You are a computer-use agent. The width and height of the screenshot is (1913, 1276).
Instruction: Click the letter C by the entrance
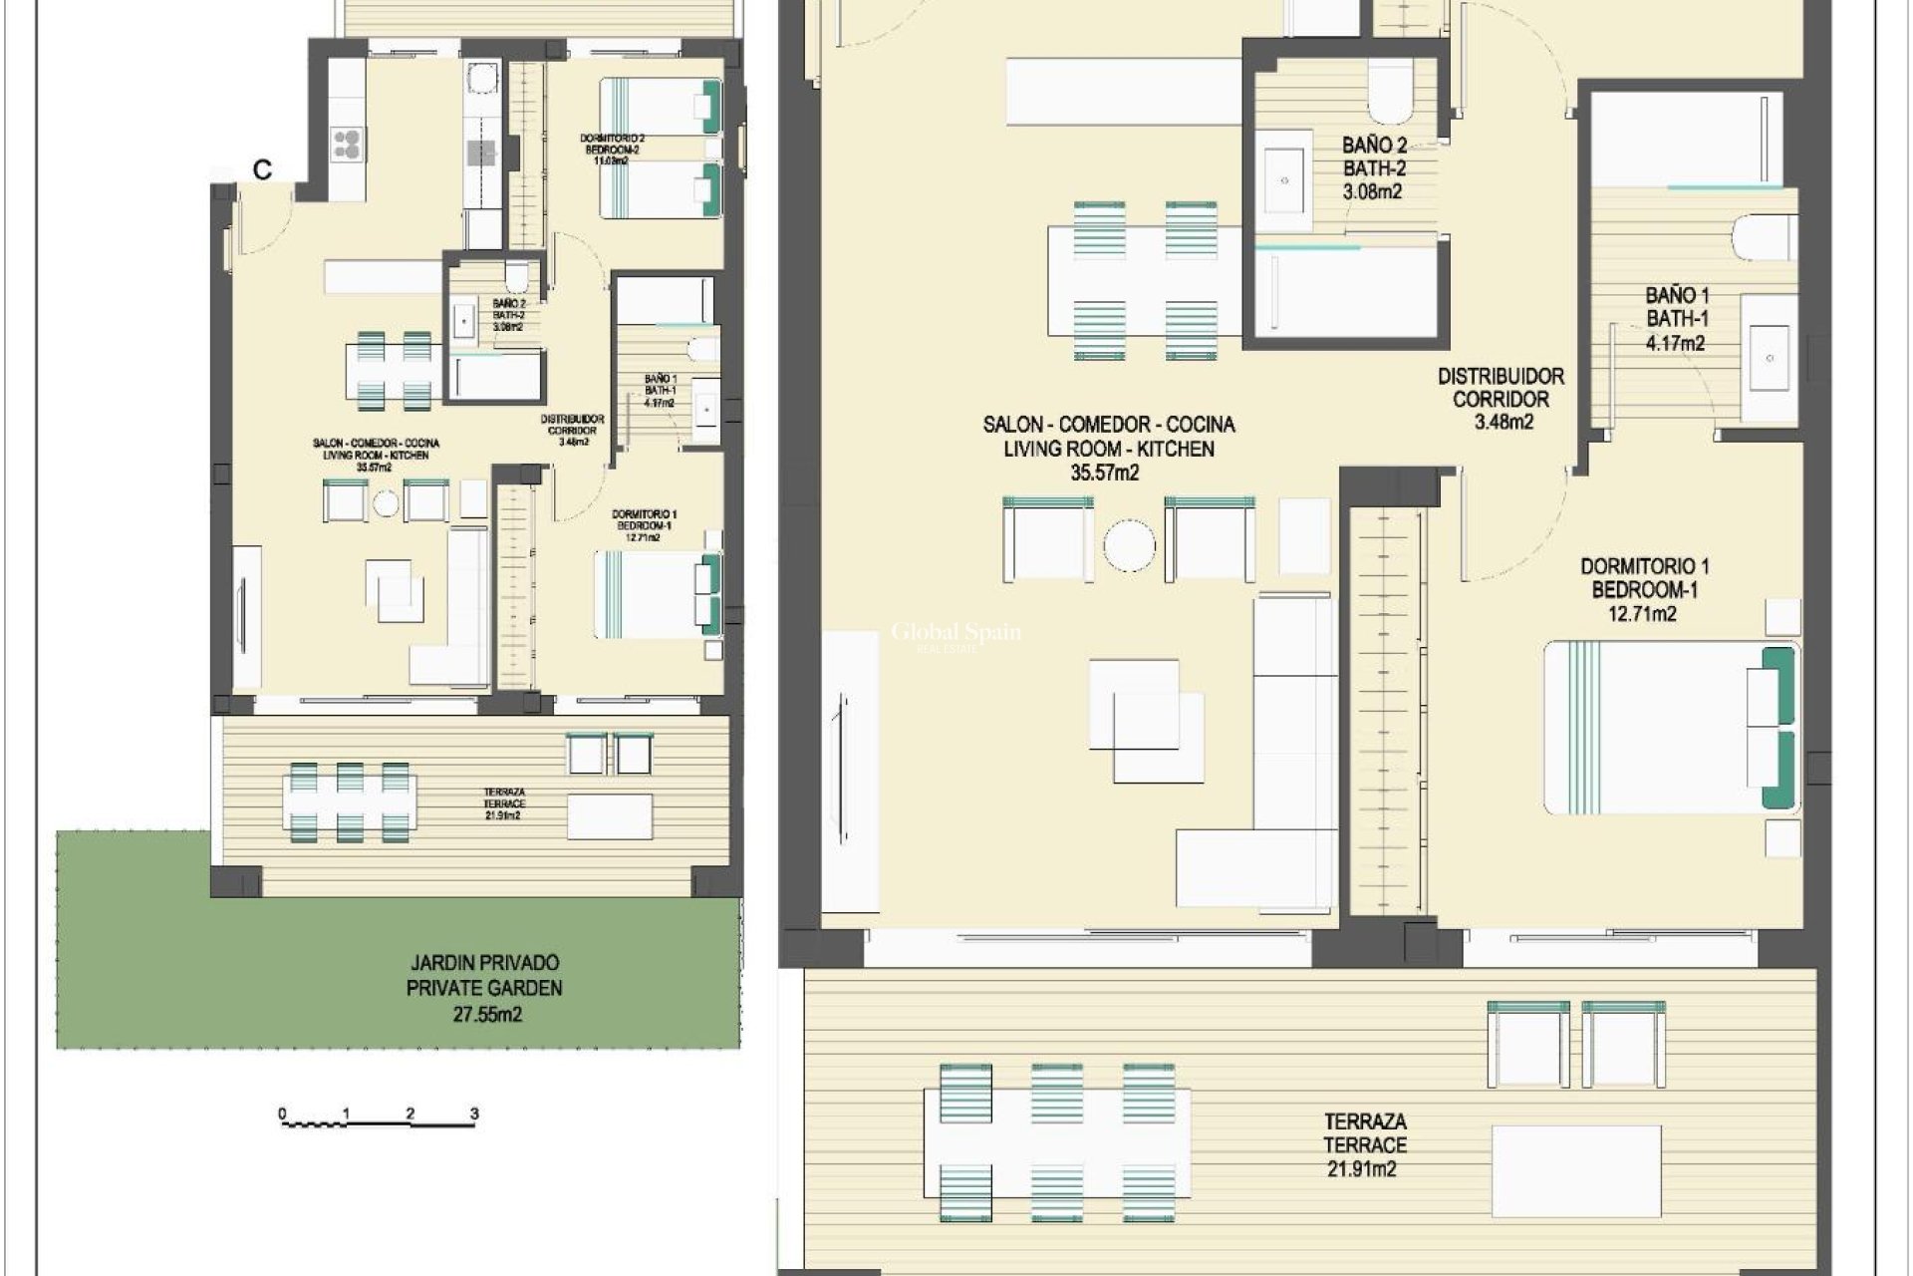pos(262,170)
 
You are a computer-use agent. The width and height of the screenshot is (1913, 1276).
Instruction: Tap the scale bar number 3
pos(474,1114)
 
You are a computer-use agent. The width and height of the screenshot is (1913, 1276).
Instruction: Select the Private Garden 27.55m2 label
pos(484,989)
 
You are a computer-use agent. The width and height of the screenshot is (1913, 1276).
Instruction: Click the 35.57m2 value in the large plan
pos(1105,474)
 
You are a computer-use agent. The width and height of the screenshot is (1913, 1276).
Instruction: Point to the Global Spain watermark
pos(955,634)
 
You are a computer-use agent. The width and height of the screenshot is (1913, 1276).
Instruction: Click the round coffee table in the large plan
pos(1129,545)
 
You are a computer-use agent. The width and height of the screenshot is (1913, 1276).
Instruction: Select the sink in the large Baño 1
pos(1770,357)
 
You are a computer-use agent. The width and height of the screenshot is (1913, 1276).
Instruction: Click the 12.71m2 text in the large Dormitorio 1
pos(1642,614)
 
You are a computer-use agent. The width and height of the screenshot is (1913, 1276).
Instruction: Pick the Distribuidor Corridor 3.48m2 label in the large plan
pos(1501,399)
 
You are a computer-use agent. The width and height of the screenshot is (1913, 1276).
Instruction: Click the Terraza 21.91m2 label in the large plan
pos(1364,1145)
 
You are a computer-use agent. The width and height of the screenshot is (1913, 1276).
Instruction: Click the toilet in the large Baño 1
pos(1765,239)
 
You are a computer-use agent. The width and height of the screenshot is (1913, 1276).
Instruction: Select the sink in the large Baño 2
pos(1284,180)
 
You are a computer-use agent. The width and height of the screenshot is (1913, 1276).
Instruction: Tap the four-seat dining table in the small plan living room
pos(390,370)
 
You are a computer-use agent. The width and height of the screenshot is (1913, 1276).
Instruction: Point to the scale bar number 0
pos(282,1114)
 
